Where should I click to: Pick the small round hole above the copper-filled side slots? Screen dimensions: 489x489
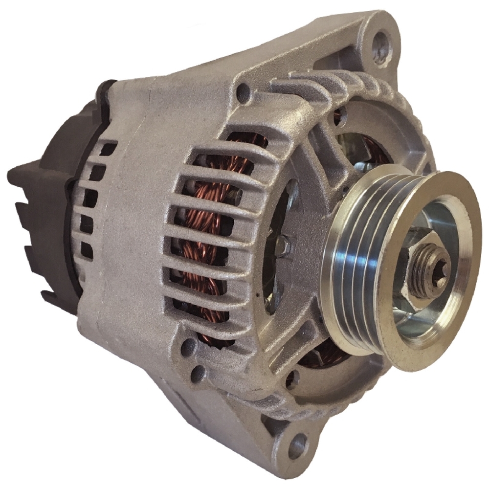coord(243,91)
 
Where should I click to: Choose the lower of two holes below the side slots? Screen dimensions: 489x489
coord(198,374)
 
